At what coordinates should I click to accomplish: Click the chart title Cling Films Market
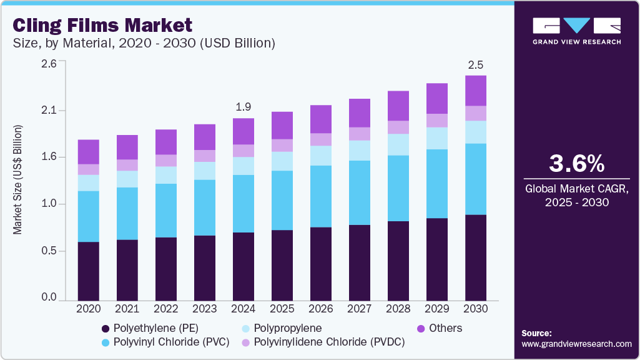click(x=103, y=26)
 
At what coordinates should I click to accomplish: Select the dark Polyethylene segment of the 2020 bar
click(x=89, y=271)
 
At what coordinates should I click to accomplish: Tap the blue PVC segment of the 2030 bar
click(x=476, y=179)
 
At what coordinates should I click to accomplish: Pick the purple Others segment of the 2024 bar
click(x=244, y=131)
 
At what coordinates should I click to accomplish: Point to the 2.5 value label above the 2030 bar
click(x=476, y=65)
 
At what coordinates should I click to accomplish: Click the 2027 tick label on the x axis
click(x=360, y=309)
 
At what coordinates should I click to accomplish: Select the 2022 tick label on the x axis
click(x=166, y=309)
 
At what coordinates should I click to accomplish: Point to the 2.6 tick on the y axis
click(x=48, y=64)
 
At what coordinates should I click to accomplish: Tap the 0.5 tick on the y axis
click(x=48, y=251)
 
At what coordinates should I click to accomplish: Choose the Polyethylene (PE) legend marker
click(x=106, y=329)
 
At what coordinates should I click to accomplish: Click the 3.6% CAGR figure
click(x=576, y=164)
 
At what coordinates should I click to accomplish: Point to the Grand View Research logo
click(x=576, y=31)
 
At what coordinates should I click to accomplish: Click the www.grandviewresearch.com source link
click(x=576, y=344)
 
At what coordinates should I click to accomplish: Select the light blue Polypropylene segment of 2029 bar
click(x=437, y=138)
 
